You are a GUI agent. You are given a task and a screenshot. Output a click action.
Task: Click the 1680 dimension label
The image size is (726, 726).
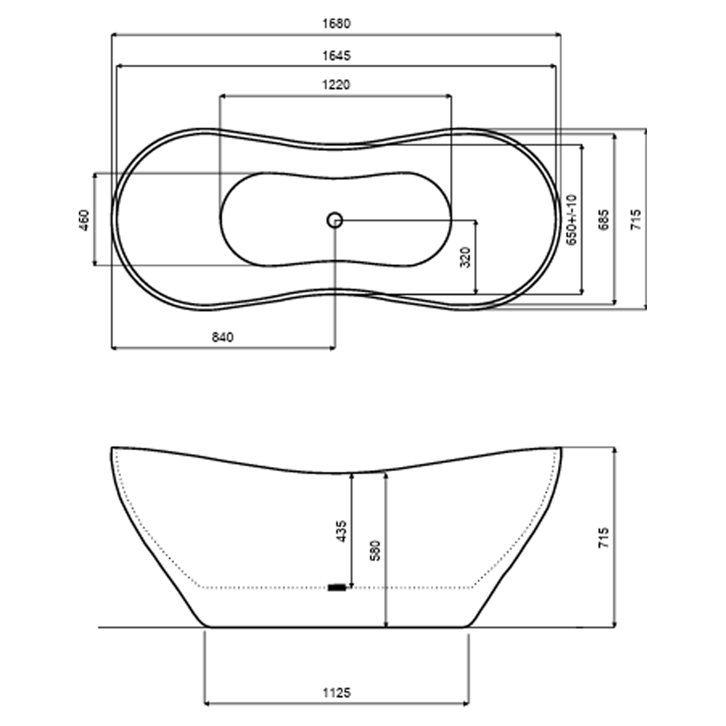[x=337, y=24]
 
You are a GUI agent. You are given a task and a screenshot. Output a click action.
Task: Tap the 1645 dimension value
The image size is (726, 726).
[x=337, y=56]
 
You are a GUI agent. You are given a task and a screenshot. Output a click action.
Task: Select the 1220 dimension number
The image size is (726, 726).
[x=337, y=85]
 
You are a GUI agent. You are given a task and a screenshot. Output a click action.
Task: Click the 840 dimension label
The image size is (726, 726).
[x=223, y=337]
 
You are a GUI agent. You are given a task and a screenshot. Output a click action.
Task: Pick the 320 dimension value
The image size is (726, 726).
[x=466, y=257]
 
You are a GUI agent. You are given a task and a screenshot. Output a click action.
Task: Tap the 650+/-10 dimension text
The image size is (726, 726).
[x=571, y=220]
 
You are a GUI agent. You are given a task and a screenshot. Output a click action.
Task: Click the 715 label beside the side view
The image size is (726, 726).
[x=604, y=538]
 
